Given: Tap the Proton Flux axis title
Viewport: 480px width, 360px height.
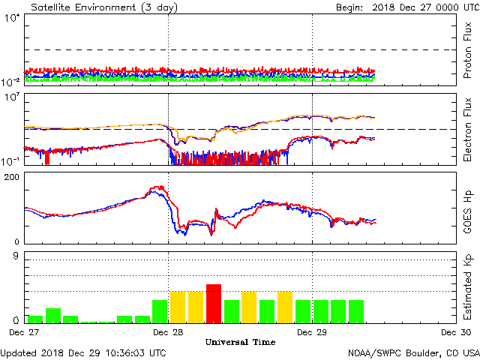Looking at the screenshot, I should [x=466, y=52].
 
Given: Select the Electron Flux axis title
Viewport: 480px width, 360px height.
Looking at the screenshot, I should [x=466, y=128].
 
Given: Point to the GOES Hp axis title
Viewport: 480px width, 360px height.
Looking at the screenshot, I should [x=466, y=207].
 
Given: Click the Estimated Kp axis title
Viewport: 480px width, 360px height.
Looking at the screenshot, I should [x=466, y=286].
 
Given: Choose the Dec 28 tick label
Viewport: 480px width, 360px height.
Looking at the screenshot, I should [x=168, y=331].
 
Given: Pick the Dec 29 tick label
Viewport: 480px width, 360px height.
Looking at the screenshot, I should [x=312, y=331].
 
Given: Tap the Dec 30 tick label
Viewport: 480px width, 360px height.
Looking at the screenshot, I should [x=455, y=331].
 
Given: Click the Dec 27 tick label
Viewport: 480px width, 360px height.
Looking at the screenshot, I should [x=24, y=331].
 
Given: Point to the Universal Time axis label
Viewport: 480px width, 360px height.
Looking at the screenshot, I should [x=240, y=342].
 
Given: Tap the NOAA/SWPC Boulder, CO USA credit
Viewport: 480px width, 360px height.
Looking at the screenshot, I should [x=413, y=352].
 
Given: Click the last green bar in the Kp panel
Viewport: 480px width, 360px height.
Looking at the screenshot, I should [x=356, y=310].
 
